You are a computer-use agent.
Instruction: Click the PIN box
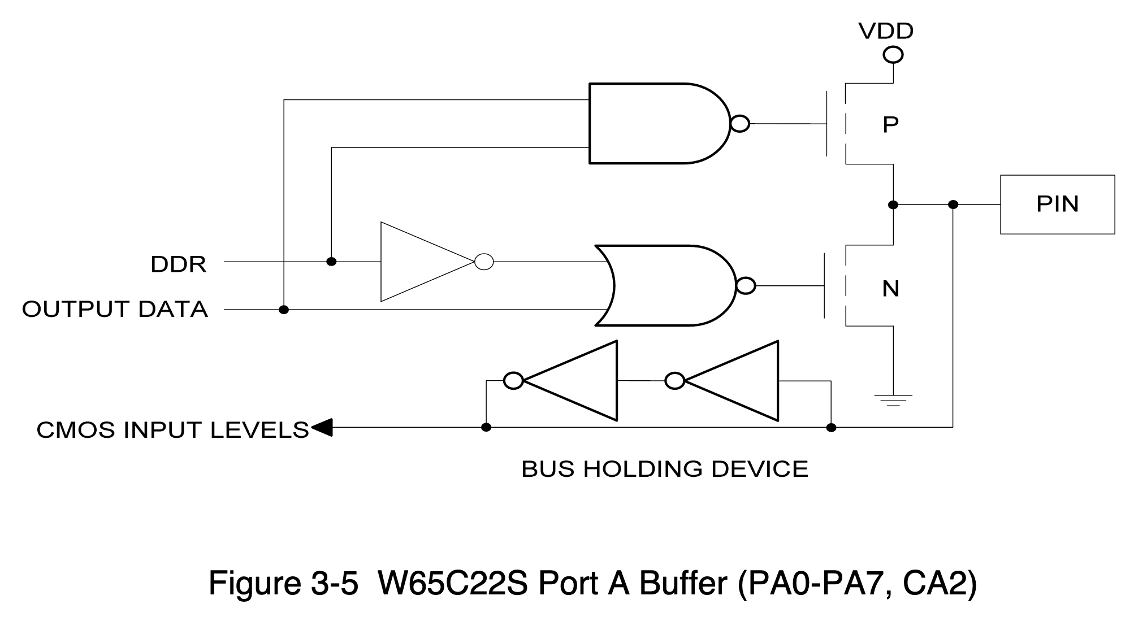pos(1057,204)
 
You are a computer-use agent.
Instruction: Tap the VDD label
pos(886,31)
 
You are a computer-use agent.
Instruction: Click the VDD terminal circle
pos(893,55)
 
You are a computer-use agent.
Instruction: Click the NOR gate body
pos(667,285)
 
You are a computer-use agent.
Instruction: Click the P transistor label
pos(890,124)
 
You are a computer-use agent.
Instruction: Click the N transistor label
pos(890,289)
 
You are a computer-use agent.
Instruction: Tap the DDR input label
pos(178,264)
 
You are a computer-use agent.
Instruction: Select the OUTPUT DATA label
pos(115,309)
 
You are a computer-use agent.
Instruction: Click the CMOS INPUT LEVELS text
pos(172,430)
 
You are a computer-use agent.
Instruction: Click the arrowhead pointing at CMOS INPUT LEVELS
pos(321,428)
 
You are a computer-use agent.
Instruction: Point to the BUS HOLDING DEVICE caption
pos(664,469)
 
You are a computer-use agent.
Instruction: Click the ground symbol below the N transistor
pos(893,400)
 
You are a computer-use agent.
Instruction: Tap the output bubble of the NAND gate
pos(740,123)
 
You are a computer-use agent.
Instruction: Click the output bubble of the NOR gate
pos(746,286)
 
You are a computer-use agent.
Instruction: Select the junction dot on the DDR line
pos(332,262)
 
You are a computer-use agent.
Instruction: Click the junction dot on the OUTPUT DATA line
pos(284,310)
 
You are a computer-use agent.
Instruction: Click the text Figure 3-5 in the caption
pos(283,584)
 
